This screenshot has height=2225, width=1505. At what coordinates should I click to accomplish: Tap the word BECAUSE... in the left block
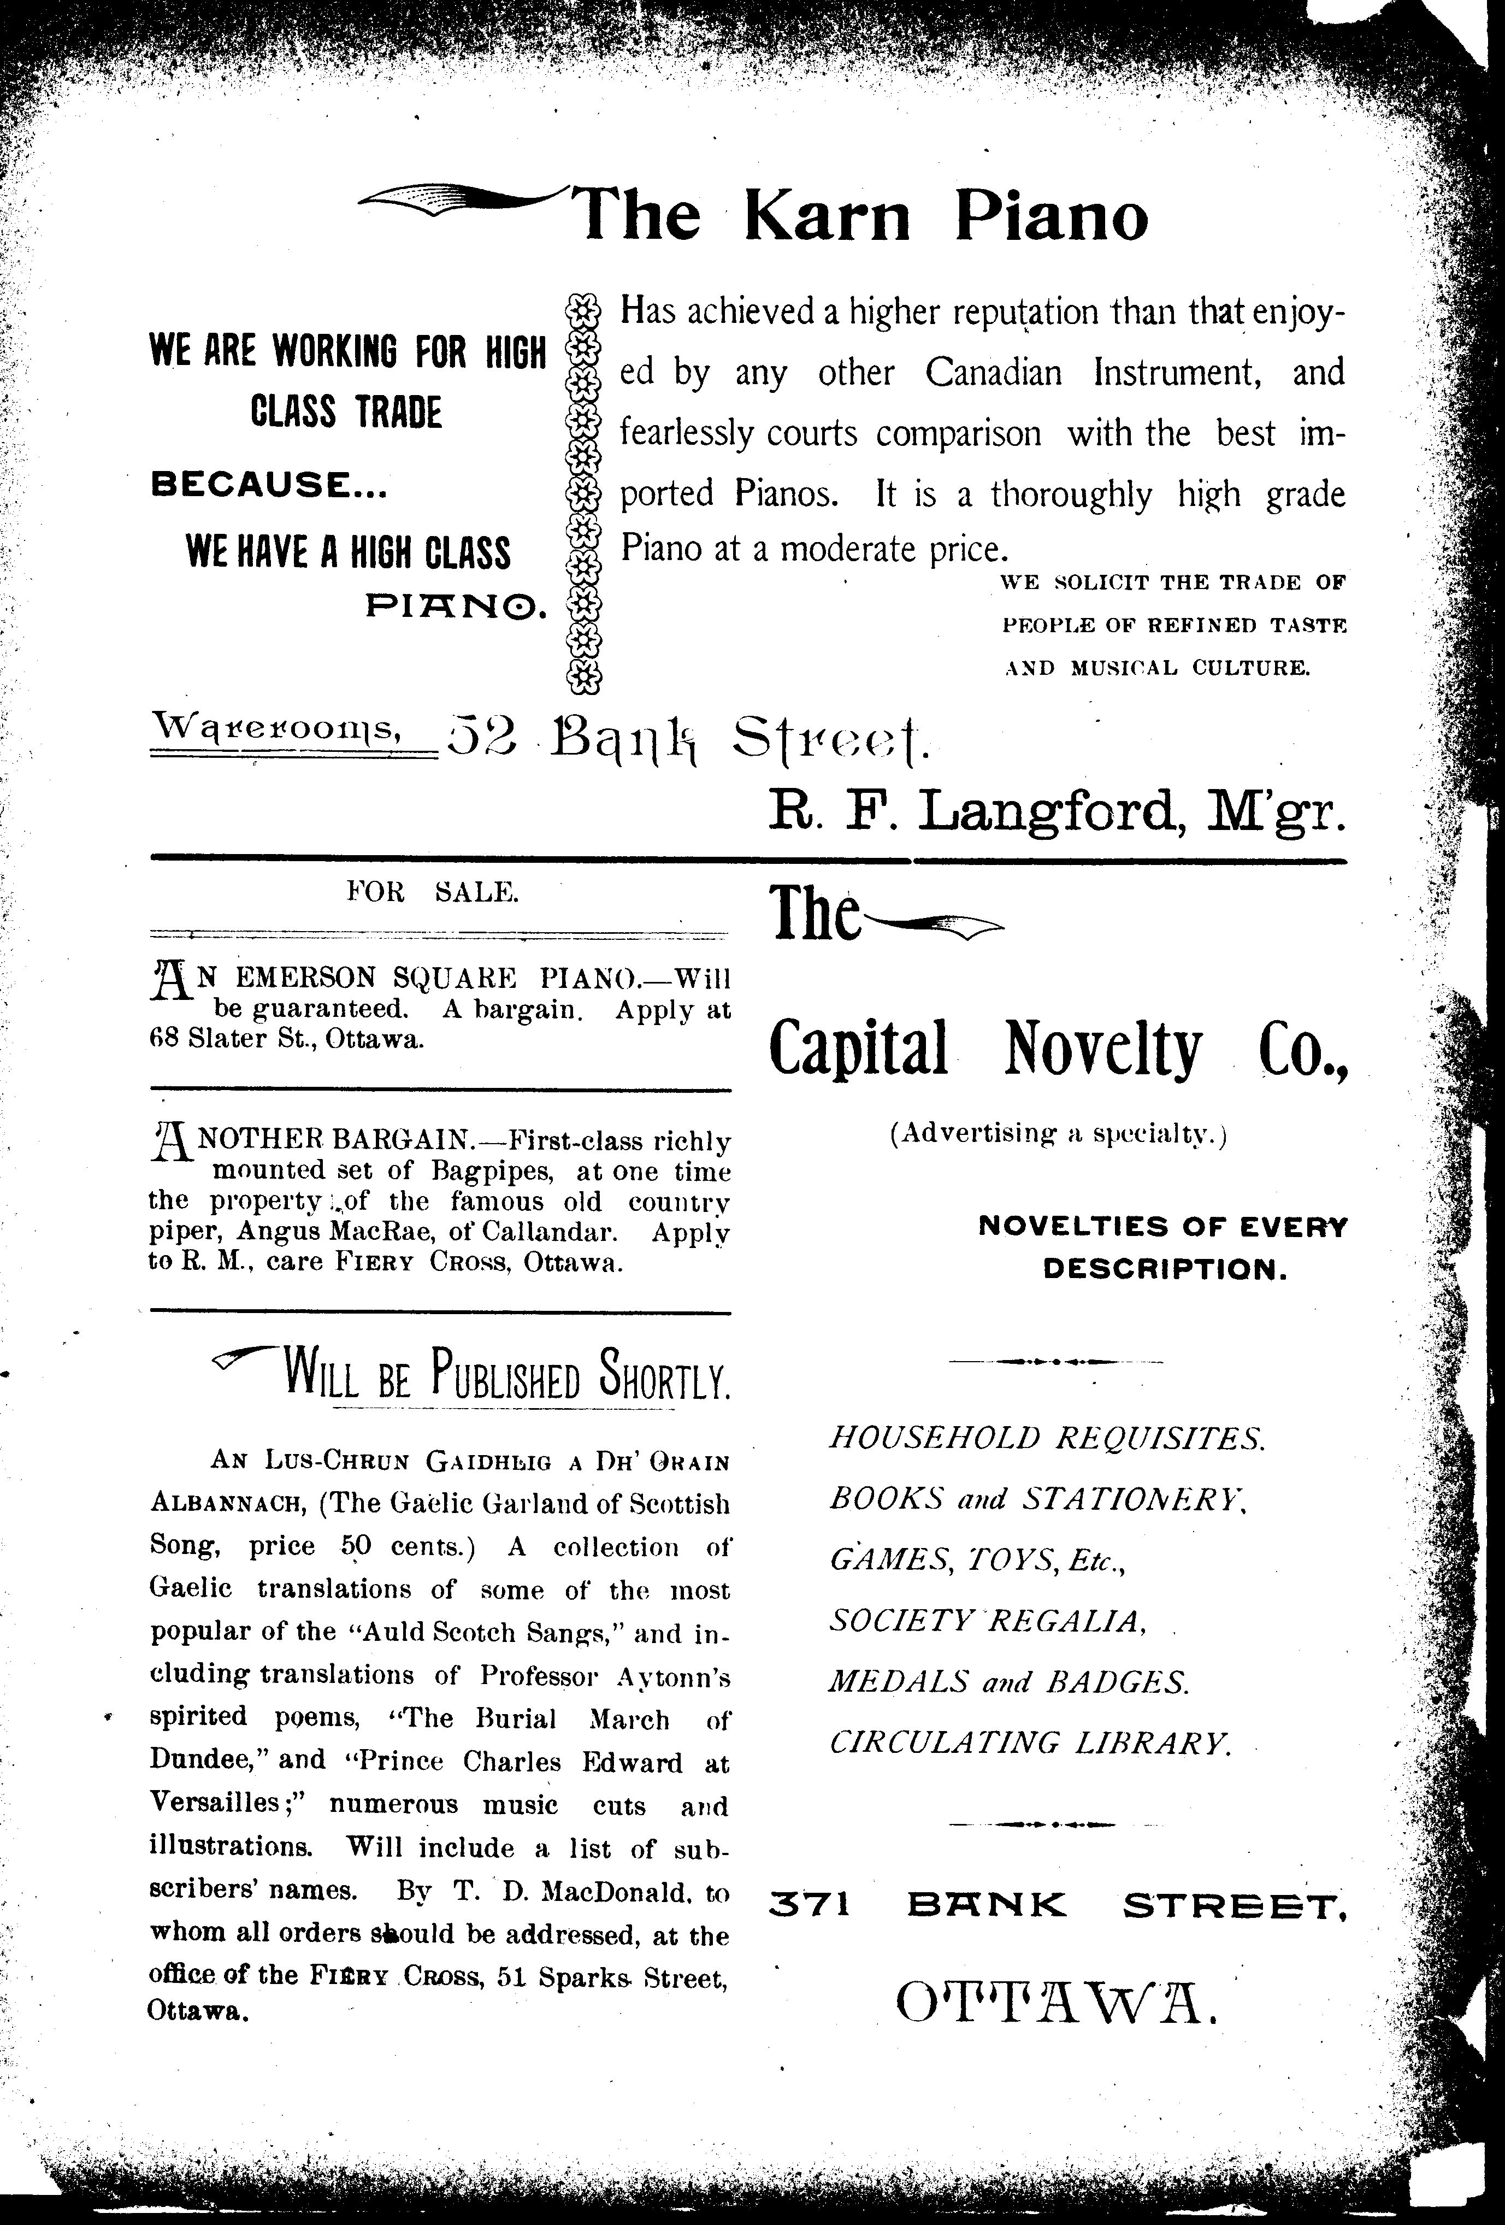[269, 486]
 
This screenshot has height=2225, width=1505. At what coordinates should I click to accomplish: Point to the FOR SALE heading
[433, 892]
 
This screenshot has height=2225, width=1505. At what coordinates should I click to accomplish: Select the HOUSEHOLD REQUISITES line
[1047, 1438]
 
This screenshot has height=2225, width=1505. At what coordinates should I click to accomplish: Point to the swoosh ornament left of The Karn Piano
[459, 199]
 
